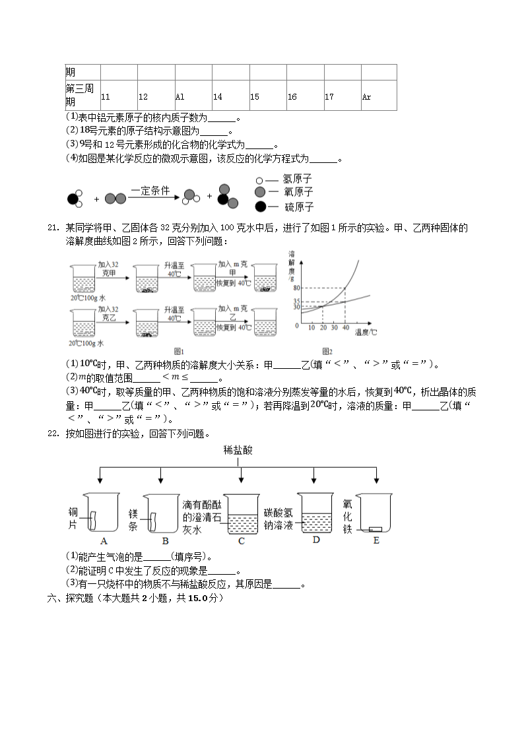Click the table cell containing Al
tap(194, 96)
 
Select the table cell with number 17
tap(343, 96)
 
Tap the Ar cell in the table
tap(379, 96)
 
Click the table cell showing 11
tap(119, 96)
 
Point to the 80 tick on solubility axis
tap(297, 288)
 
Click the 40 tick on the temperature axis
tap(346, 327)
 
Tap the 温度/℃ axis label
tap(366, 332)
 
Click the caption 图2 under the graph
tap(327, 352)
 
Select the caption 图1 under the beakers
tap(179, 352)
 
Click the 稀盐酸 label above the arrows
tap(238, 450)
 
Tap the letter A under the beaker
tap(104, 541)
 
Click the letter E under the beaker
tap(376, 540)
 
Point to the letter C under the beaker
tap(242, 541)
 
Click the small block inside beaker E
tap(375, 529)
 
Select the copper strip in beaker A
tap(93, 521)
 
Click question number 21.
tap(53, 228)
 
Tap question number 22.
tap(53, 434)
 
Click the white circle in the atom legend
tap(259, 181)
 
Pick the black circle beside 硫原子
tap(260, 207)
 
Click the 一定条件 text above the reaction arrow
tap(150, 191)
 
